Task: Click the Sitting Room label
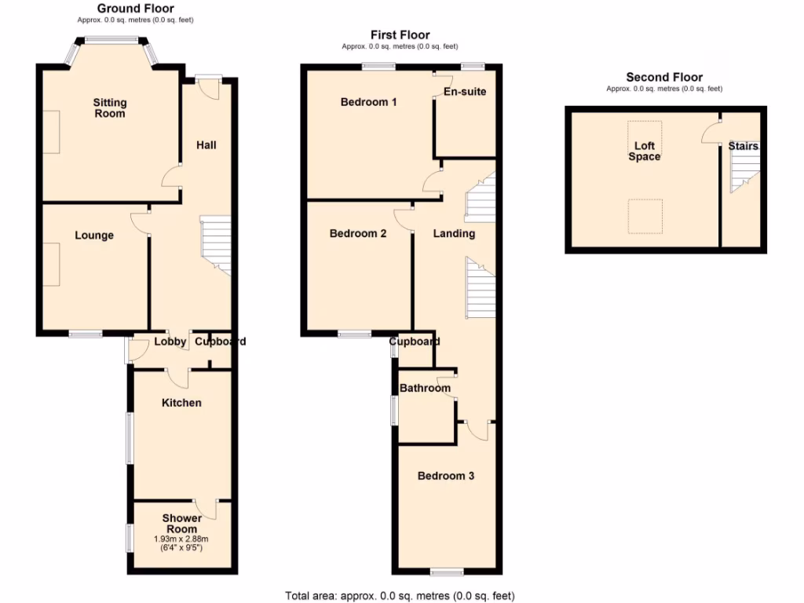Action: [109, 108]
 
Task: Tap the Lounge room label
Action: [94, 236]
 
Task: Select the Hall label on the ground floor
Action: [206, 145]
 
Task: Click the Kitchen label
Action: [181, 403]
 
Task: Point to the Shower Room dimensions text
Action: [181, 543]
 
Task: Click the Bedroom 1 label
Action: [368, 102]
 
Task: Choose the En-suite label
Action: [465, 92]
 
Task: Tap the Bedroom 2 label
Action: [358, 233]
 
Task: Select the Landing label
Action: [454, 233]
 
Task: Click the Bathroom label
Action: [425, 388]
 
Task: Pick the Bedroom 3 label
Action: [445, 476]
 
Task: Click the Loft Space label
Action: [644, 152]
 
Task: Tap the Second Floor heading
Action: [664, 77]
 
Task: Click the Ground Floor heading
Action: [135, 9]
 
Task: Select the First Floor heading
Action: [400, 35]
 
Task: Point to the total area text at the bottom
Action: [400, 596]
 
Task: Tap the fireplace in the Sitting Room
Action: [51, 132]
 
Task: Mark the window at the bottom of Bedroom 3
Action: [446, 571]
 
